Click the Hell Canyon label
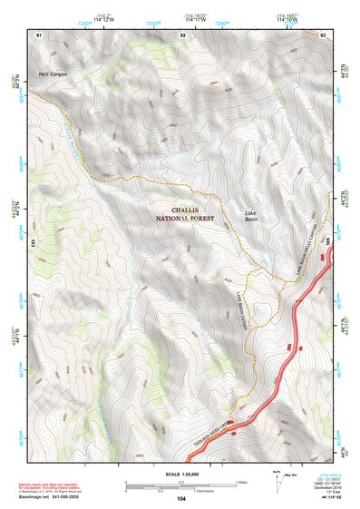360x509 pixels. pos(54,73)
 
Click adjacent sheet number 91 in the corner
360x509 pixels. pos(39,34)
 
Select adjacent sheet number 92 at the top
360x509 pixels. pos(183,34)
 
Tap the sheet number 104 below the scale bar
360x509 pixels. pos(182,499)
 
